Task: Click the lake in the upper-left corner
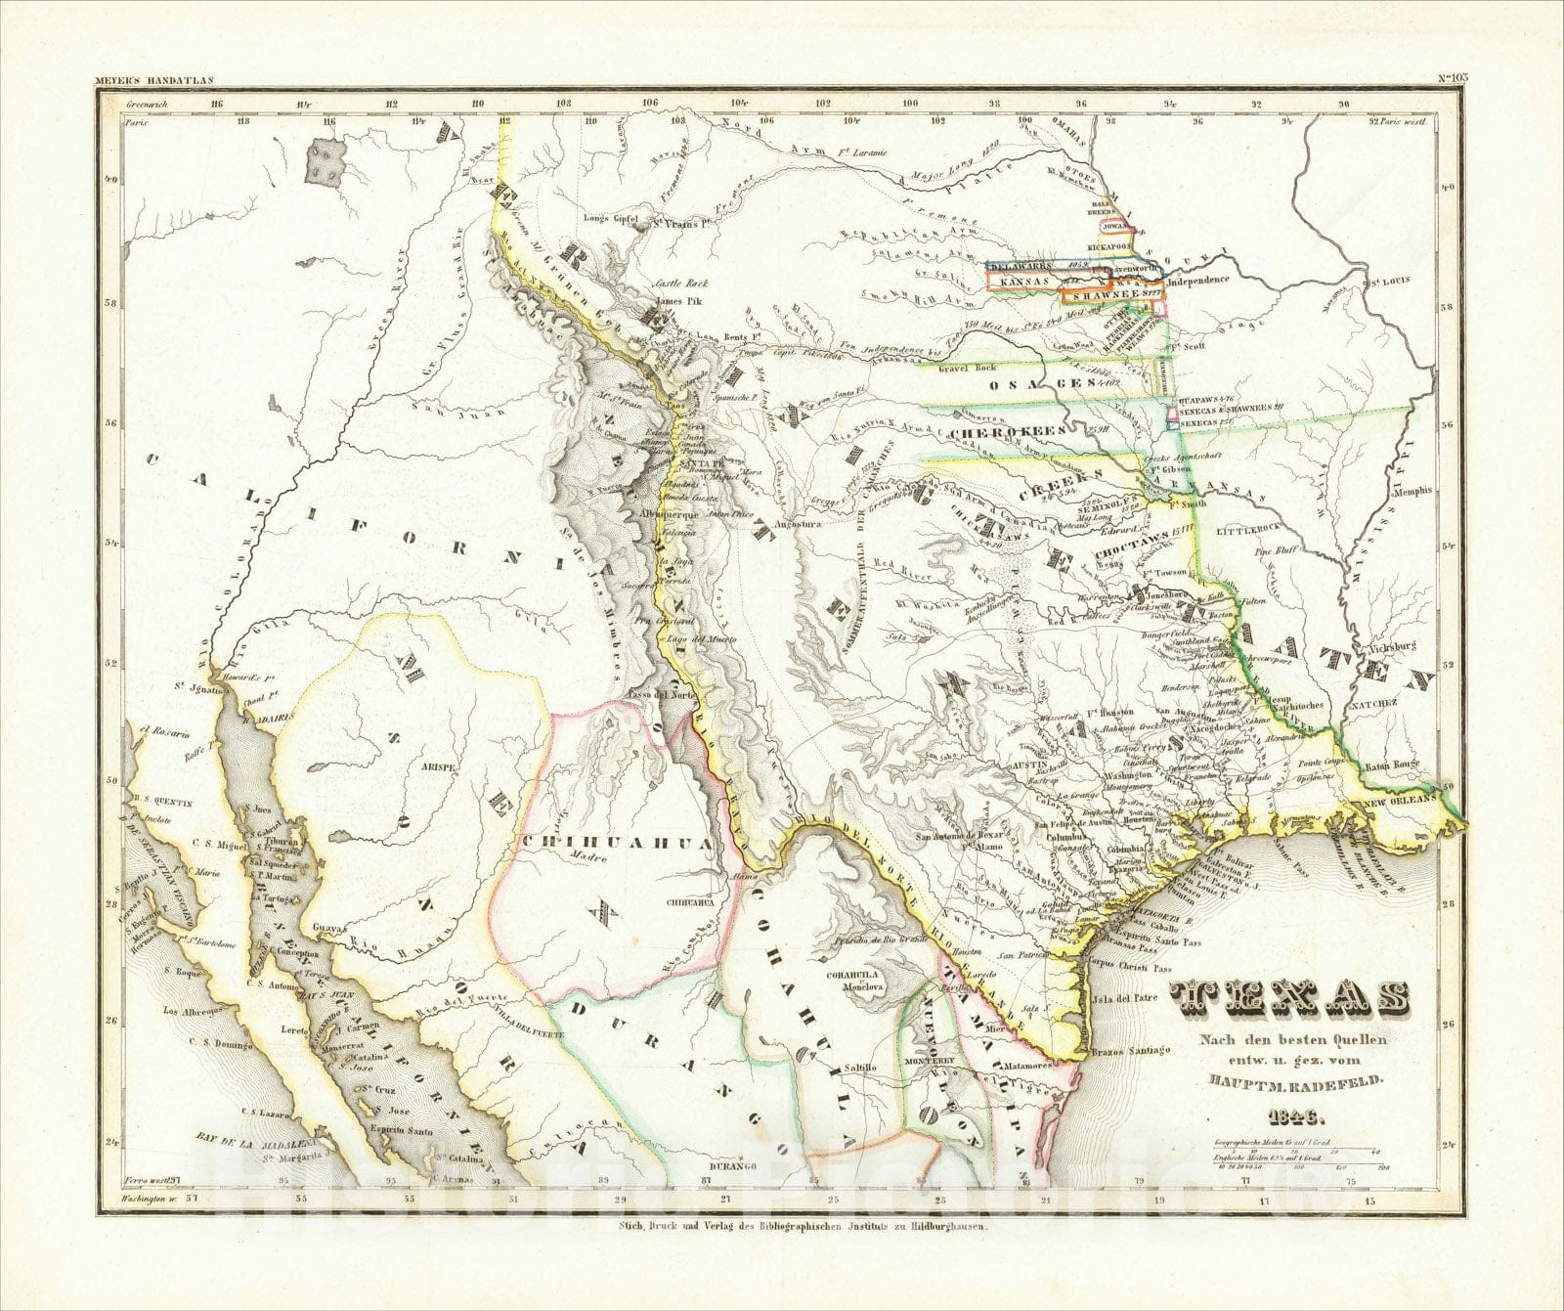click(326, 163)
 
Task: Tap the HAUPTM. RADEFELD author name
click(1292, 1079)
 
